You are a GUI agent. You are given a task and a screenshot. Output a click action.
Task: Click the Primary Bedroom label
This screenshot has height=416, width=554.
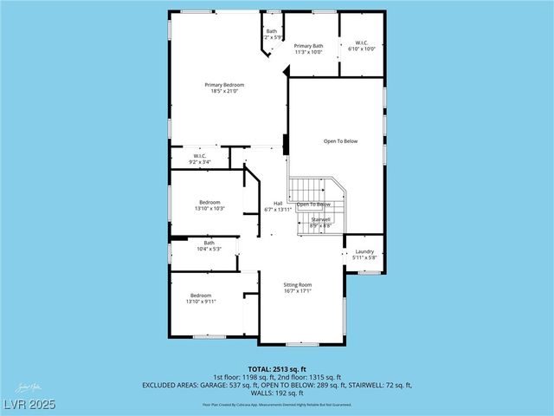click(224, 85)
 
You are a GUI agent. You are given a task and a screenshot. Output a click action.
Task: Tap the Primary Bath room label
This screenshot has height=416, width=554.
click(308, 46)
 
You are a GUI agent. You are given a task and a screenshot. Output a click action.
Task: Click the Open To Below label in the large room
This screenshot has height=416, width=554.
click(340, 140)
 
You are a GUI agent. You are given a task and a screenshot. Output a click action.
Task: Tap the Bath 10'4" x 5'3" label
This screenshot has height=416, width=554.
click(209, 245)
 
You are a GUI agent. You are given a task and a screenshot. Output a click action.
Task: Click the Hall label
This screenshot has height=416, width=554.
click(278, 204)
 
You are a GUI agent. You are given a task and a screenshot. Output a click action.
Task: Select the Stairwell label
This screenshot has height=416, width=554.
click(321, 219)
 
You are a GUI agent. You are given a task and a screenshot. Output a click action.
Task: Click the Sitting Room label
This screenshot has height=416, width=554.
click(298, 285)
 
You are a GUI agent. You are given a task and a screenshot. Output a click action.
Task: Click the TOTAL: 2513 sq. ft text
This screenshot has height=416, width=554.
click(277, 368)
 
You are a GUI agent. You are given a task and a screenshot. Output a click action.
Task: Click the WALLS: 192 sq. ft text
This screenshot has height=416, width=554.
click(277, 392)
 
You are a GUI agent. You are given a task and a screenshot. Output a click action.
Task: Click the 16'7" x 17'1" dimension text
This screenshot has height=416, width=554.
click(298, 291)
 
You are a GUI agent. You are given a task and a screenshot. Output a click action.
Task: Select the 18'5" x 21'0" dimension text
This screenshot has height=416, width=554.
click(224, 91)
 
